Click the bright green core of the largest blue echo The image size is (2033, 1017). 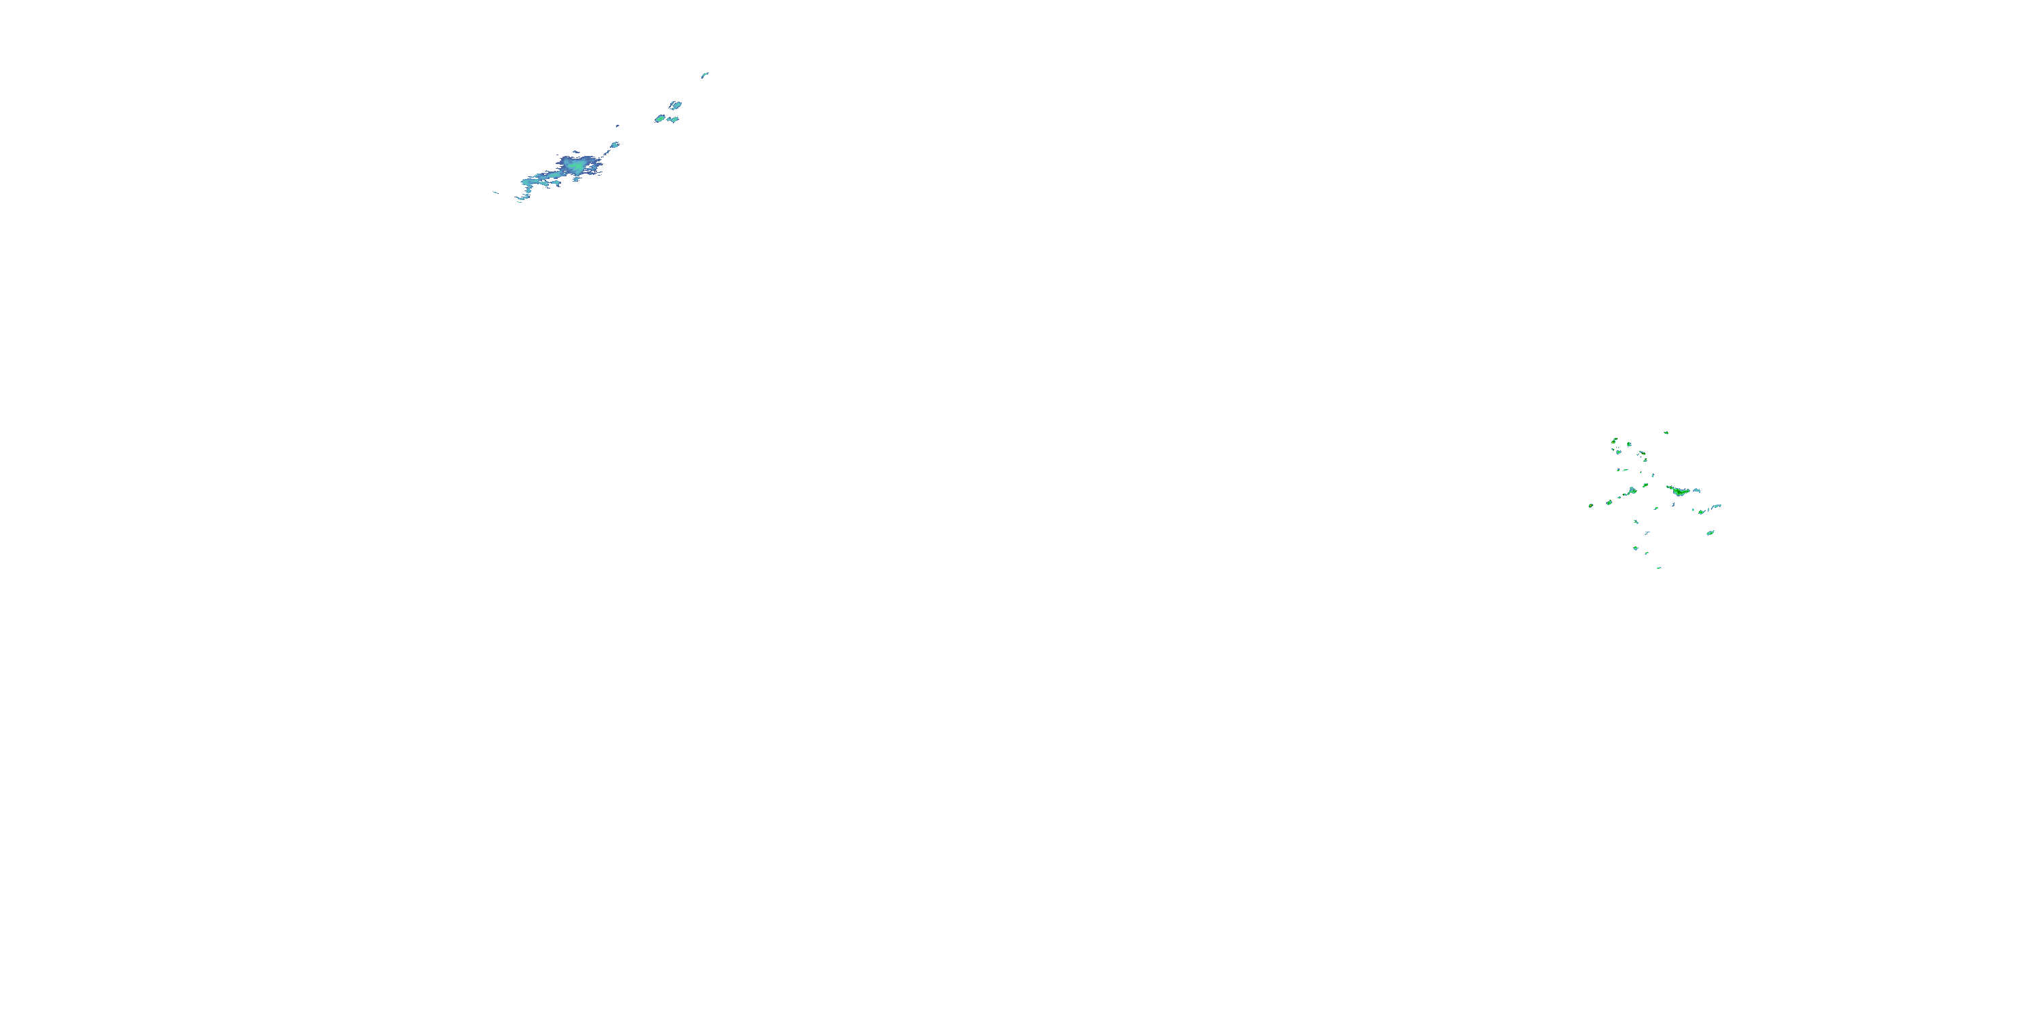(579, 167)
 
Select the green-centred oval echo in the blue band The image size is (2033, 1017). (660, 119)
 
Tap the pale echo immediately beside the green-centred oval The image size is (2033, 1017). (673, 119)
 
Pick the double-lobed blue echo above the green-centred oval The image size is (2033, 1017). (676, 104)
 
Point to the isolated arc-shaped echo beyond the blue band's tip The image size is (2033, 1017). (705, 75)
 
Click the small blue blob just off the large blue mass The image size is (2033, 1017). (614, 144)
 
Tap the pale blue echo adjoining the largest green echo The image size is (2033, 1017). (1696, 490)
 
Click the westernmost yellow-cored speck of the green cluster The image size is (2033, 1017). (1591, 505)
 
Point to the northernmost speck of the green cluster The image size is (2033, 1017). (1666, 432)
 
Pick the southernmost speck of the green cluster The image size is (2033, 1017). (1659, 567)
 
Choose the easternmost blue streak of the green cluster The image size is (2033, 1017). (1716, 506)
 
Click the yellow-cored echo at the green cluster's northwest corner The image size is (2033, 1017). (1615, 441)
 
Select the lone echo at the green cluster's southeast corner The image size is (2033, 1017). (1710, 532)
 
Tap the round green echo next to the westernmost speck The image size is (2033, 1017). (1608, 502)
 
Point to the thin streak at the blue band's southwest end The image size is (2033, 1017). (495, 192)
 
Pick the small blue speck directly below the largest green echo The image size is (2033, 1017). (1673, 504)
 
